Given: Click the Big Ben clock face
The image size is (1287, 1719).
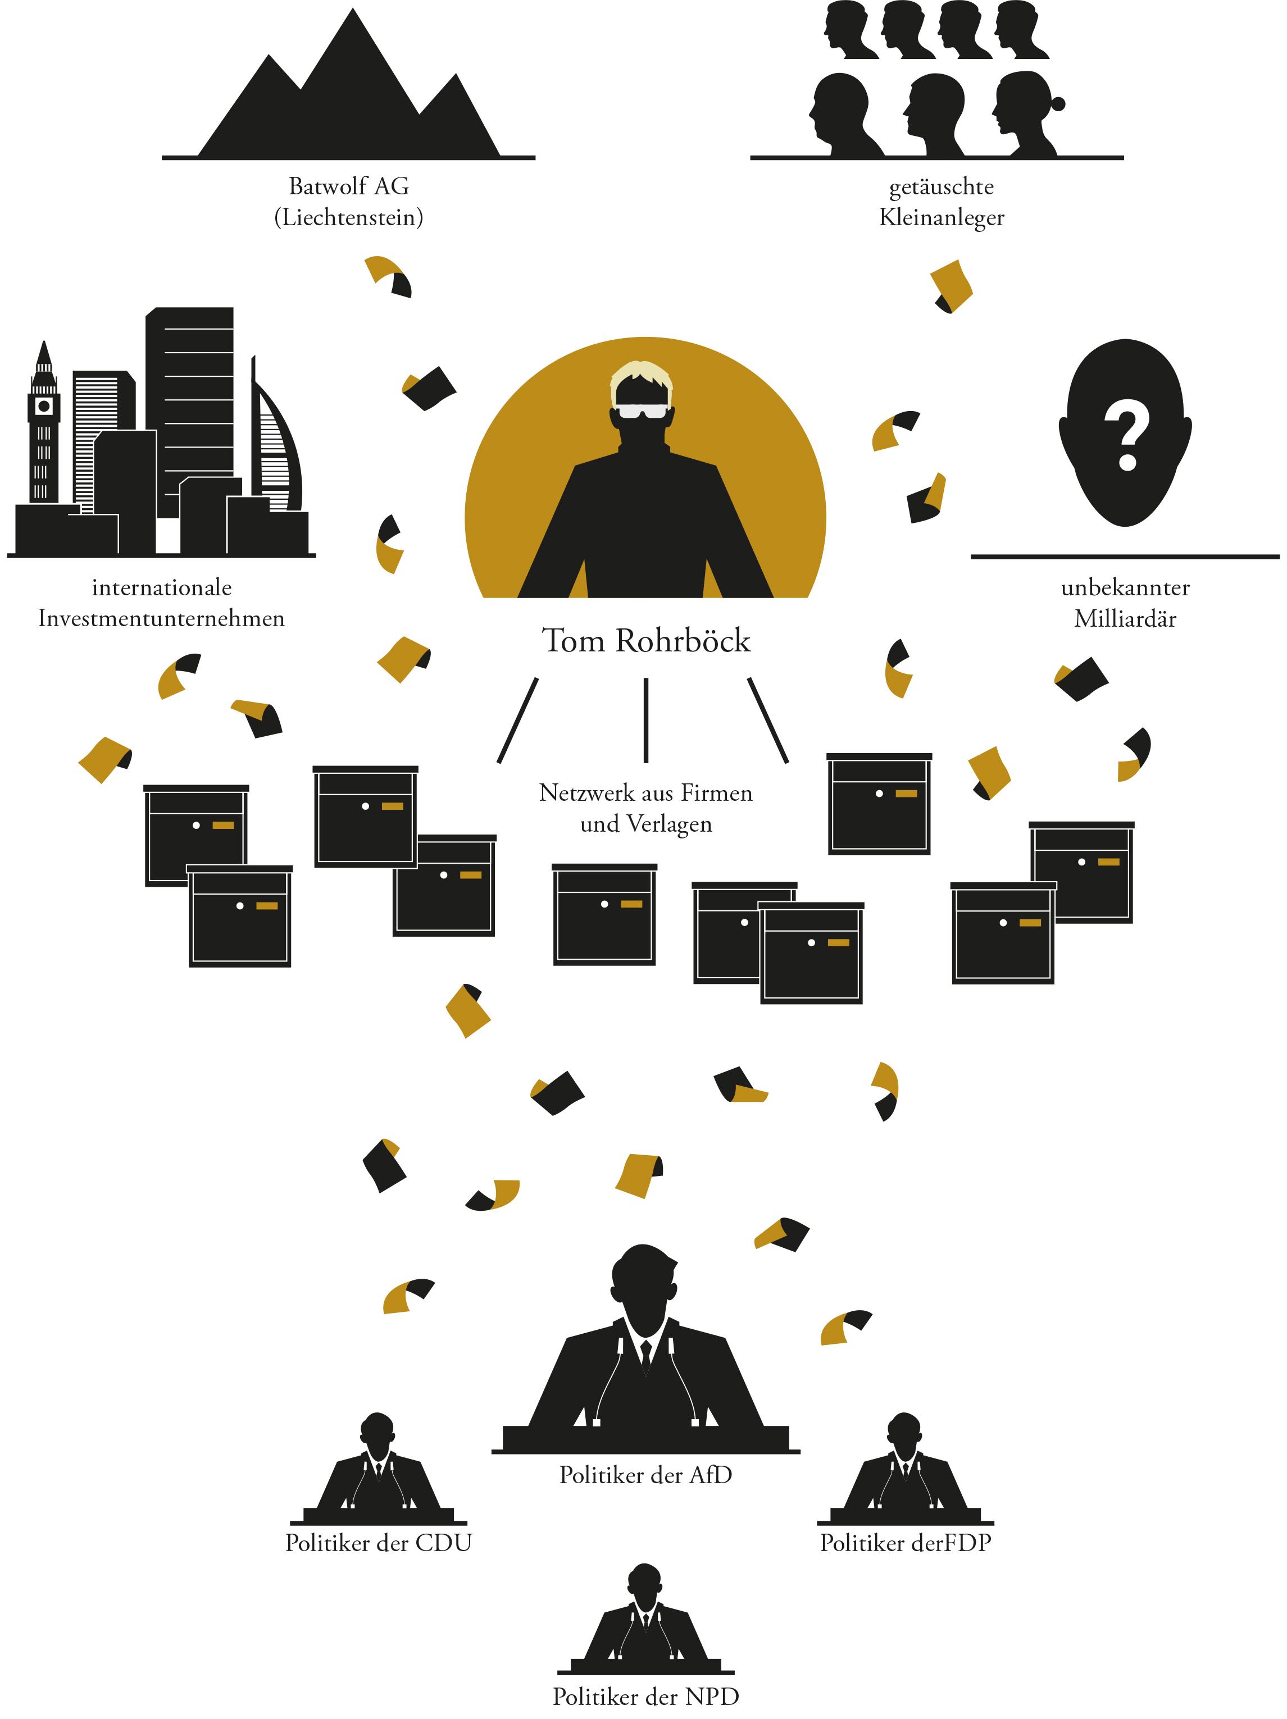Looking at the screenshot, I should (43, 405).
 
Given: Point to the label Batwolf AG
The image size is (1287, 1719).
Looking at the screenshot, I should (349, 186).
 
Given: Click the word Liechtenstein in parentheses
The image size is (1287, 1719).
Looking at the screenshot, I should (349, 217).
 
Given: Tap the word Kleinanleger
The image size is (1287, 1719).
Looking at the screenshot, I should (941, 217).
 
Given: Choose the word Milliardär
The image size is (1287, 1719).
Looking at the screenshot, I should (1125, 619).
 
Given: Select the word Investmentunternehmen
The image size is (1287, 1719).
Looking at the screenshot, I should (162, 619).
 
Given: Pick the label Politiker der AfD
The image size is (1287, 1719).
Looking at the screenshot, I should (646, 1475).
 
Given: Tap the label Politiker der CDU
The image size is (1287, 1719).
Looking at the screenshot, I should (379, 1543).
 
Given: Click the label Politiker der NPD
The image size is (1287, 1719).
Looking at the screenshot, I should (646, 1697).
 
